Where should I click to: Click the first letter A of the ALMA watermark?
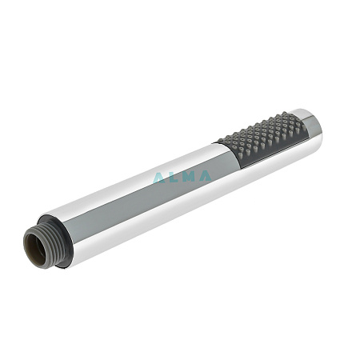coord(159,178)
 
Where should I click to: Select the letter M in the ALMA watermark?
coord(188,177)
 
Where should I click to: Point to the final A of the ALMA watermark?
coord(205,176)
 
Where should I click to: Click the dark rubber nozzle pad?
coord(262,139)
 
